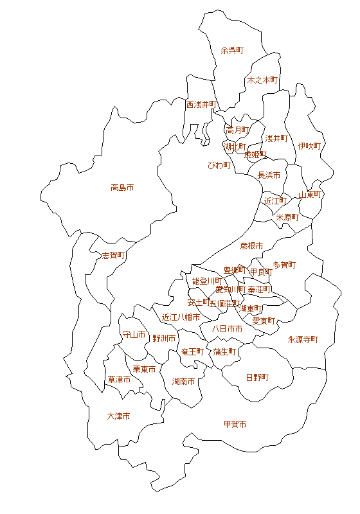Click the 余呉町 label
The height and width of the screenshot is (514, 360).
tap(232, 50)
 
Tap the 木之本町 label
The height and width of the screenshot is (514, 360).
tap(262, 80)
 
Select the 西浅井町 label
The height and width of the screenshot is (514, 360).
tap(202, 104)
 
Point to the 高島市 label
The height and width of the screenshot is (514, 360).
tap(122, 188)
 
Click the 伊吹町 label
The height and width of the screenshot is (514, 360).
tap(309, 146)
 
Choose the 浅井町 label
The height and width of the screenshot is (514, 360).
tap(276, 138)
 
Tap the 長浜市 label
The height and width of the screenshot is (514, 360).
tap(269, 175)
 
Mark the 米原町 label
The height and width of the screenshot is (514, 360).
tap(287, 217)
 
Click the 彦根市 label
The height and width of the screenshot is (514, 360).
tap(252, 245)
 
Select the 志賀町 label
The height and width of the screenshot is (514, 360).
tap(114, 255)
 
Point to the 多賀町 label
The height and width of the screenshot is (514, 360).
tap(284, 265)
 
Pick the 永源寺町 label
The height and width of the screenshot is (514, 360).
tap(303, 339)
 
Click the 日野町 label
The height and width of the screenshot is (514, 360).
tap(258, 377)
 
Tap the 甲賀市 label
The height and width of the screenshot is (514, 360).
tap(235, 424)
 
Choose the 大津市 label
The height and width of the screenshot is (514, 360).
tap(118, 416)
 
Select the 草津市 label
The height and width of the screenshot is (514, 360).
tap(119, 380)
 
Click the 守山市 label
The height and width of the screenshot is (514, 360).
tap(134, 335)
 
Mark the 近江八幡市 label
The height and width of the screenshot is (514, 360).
tap(181, 317)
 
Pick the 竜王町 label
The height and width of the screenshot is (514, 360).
tap(192, 351)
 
